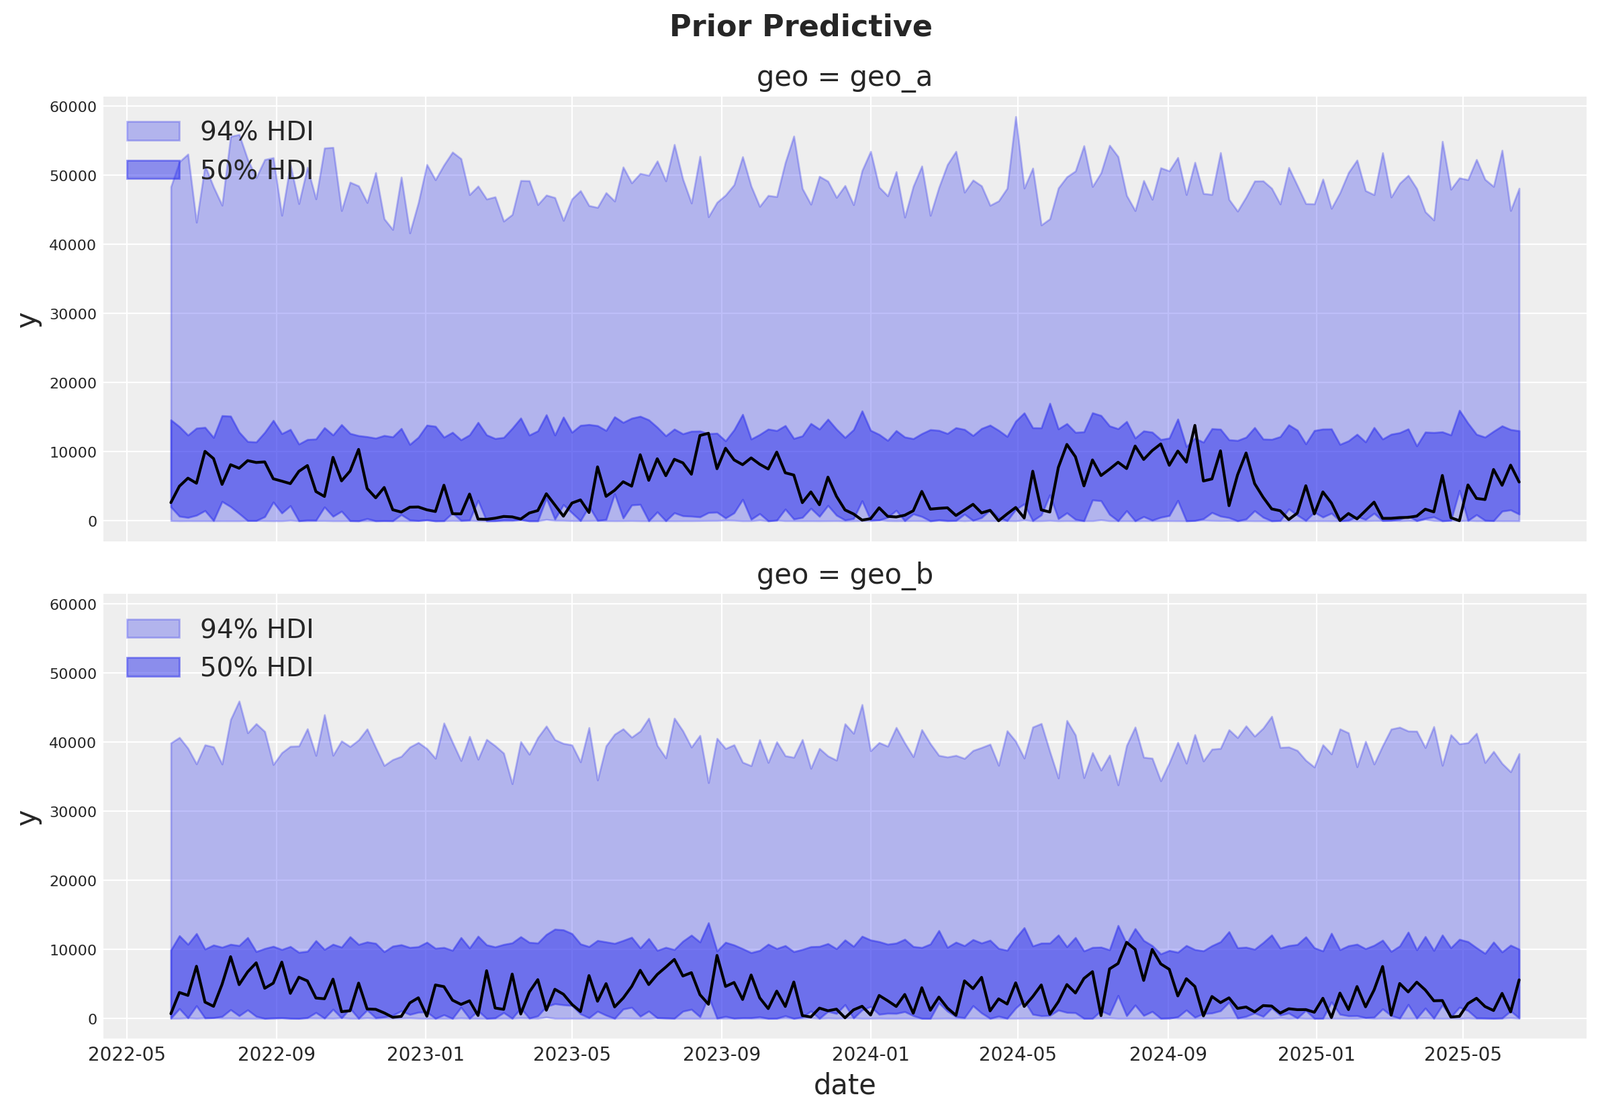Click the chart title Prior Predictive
pyautogui.click(x=800, y=27)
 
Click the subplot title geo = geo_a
pyautogui.click(x=844, y=76)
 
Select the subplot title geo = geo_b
pyautogui.click(x=844, y=574)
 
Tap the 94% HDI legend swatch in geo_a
pyautogui.click(x=153, y=131)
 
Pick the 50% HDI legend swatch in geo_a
pyautogui.click(x=153, y=169)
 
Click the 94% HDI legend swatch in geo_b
pyautogui.click(x=153, y=629)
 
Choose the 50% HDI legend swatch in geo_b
pyautogui.click(x=153, y=668)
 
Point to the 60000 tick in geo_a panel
pyautogui.click(x=73, y=107)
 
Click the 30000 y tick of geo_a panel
pyautogui.click(x=73, y=314)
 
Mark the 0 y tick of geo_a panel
pyautogui.click(x=92, y=522)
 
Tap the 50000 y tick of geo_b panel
pyautogui.click(x=73, y=674)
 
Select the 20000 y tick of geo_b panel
pyautogui.click(x=73, y=881)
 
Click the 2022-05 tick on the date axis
pyautogui.click(x=127, y=1054)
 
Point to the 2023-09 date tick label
pyautogui.click(x=721, y=1054)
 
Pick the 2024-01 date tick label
pyautogui.click(x=870, y=1054)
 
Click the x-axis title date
pyautogui.click(x=844, y=1085)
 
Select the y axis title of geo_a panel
pyautogui.click(x=29, y=320)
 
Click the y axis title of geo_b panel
pyautogui.click(x=29, y=817)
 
